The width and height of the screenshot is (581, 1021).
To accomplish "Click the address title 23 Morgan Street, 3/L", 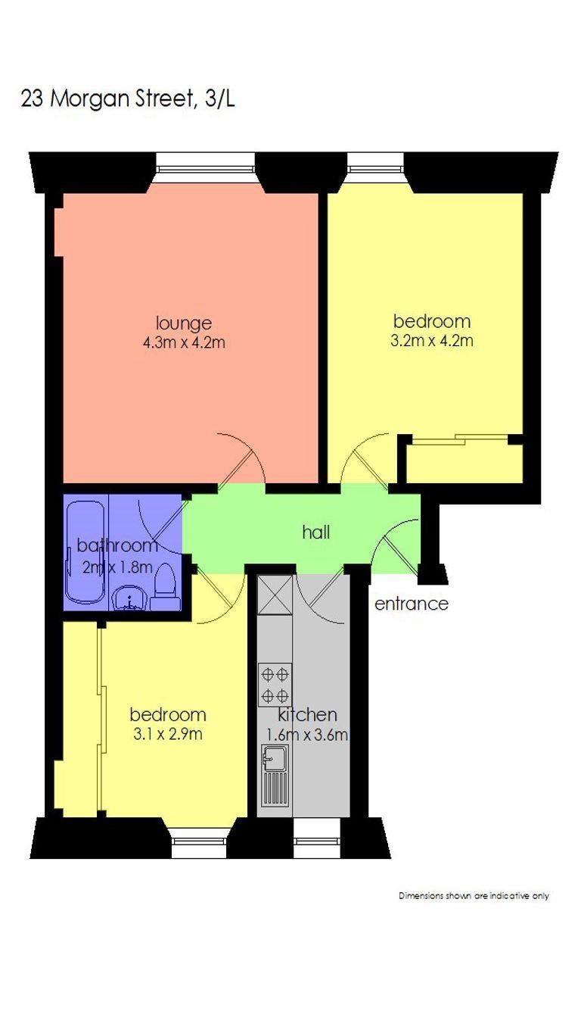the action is coord(128,99).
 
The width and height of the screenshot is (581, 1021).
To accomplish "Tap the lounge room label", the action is coord(184,323).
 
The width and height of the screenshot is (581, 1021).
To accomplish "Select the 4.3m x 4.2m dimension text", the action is coord(184,342).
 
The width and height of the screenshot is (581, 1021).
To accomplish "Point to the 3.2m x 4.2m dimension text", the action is coord(432,341).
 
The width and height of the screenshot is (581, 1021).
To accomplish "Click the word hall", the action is coord(316,532).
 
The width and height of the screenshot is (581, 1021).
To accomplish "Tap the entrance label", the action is coord(411,604).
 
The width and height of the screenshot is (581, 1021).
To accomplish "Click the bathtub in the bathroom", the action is coord(86,552).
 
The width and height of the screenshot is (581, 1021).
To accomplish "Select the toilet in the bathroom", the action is coord(164,587).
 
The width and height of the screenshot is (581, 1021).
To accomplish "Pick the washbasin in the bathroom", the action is coord(129,598).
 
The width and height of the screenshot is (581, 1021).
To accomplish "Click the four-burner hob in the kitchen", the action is coord(275,685).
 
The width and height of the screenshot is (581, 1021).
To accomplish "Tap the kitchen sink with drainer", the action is coord(275,776).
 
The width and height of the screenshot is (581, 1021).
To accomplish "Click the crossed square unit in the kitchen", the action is coord(275,595).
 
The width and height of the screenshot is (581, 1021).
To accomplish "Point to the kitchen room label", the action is coord(307,714).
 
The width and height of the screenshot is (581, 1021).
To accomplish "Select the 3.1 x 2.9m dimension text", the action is coord(168,734).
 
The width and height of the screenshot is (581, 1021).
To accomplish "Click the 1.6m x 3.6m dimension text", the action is coord(307,734).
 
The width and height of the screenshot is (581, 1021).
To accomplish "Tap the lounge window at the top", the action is coord(205,167).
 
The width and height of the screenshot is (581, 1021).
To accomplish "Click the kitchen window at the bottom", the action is coord(317,838).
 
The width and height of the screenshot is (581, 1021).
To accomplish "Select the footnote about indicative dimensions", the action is coord(474,896).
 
